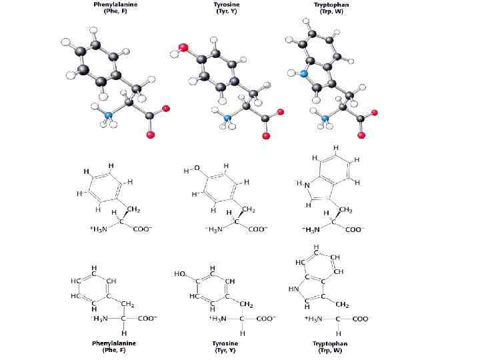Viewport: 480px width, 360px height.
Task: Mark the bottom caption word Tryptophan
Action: tap(330, 343)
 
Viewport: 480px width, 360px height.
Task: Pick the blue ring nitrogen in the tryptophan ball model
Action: tap(303, 75)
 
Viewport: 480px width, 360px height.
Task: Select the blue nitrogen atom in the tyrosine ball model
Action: tap(228, 119)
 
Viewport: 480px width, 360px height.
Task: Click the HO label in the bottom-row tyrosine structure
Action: tap(179, 274)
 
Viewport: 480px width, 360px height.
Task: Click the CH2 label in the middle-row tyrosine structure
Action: tap(249, 210)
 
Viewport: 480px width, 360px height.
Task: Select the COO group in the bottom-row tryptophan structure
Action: tap(360, 319)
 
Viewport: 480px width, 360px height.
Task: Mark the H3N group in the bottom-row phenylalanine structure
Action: tap(99, 319)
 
